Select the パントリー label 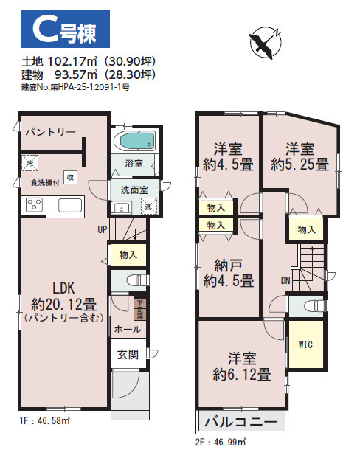pos(50,133)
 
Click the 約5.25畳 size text pos(300,164)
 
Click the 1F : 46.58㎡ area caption pos(44,420)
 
